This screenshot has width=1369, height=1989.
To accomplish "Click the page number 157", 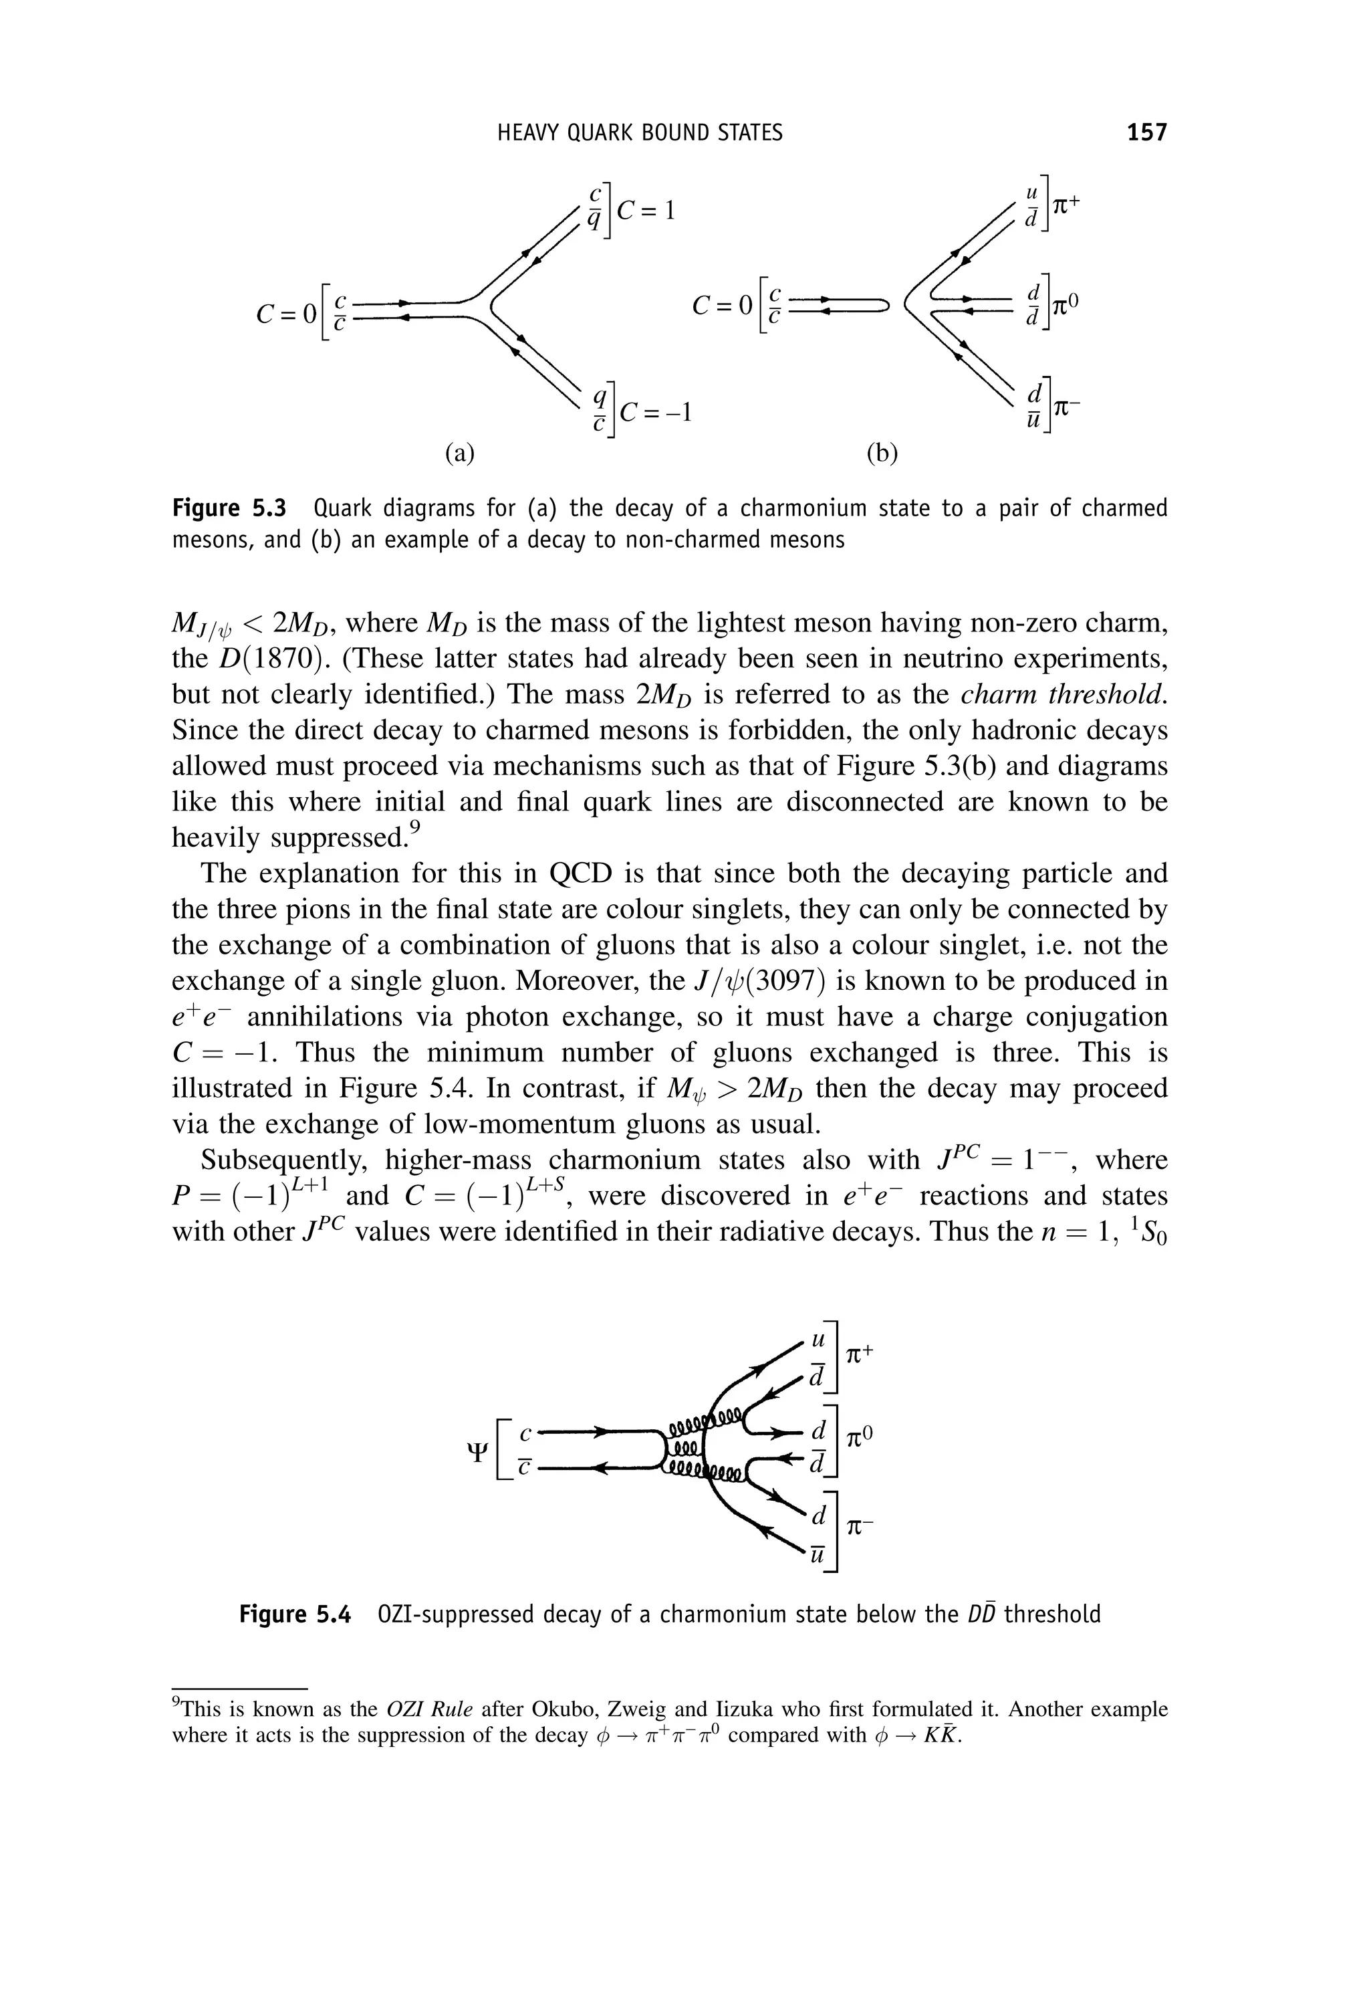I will tap(1147, 132).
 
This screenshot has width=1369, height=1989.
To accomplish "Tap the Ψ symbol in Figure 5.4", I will tap(479, 1453).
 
